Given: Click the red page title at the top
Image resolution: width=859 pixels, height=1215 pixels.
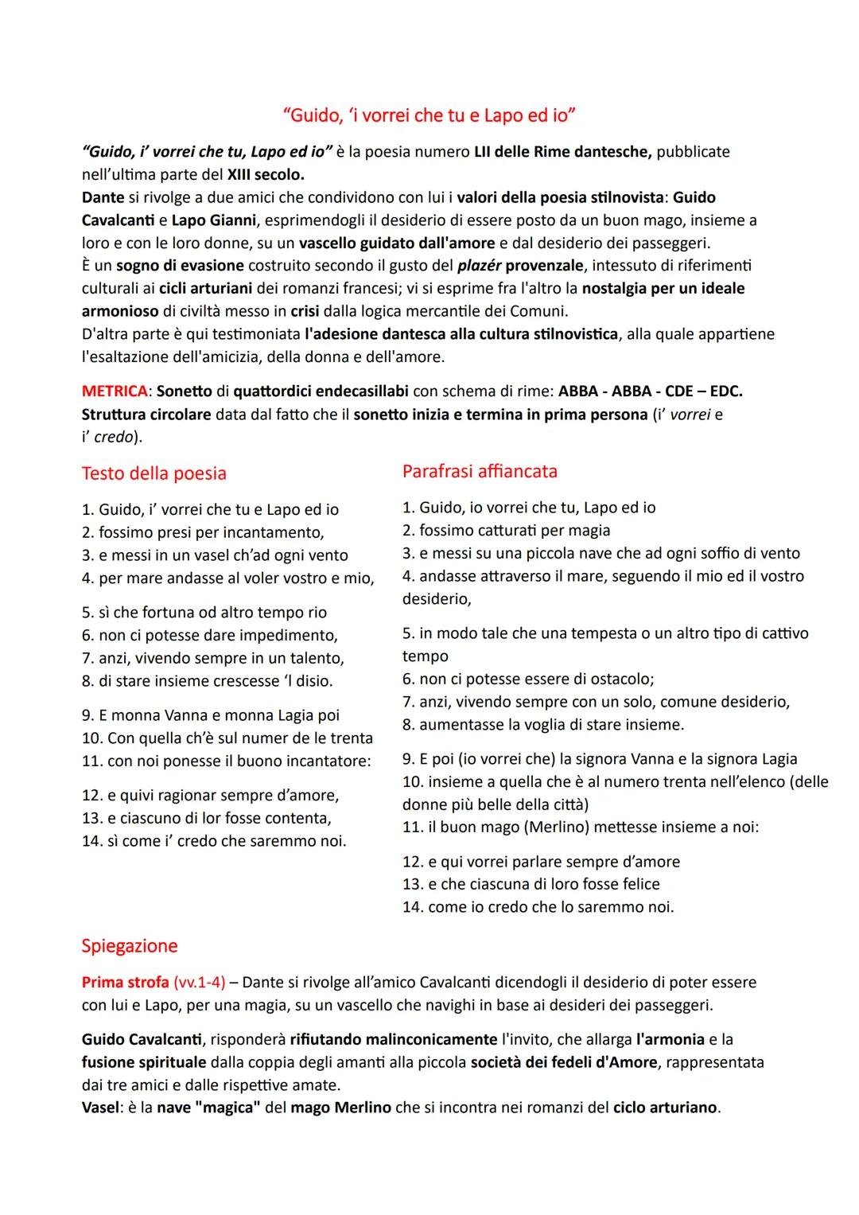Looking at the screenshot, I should pos(429,115).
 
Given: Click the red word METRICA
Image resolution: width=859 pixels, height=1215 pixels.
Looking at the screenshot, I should pos(114,391).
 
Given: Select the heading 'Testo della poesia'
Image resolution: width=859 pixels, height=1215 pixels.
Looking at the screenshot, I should pos(154,473).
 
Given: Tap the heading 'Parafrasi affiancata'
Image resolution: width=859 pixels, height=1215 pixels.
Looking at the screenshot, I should pos(480,471).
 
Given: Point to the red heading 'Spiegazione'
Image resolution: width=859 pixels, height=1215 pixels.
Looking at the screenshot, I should pos(129,946).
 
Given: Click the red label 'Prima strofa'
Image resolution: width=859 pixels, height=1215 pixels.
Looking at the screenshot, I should pos(124,982).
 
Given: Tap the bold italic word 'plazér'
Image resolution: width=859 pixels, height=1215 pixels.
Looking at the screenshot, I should pos(479,265).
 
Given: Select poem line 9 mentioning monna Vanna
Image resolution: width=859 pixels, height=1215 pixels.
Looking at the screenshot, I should pos(211,715).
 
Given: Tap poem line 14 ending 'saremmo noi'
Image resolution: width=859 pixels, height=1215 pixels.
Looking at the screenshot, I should pos(214,841).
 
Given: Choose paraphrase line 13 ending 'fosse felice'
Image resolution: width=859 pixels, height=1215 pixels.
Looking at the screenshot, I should pos(531,884).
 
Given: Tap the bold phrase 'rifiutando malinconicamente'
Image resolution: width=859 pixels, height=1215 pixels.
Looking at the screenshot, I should pos(393,1039).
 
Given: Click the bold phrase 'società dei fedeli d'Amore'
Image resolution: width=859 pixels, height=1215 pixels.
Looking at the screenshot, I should pos(564,1062).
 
